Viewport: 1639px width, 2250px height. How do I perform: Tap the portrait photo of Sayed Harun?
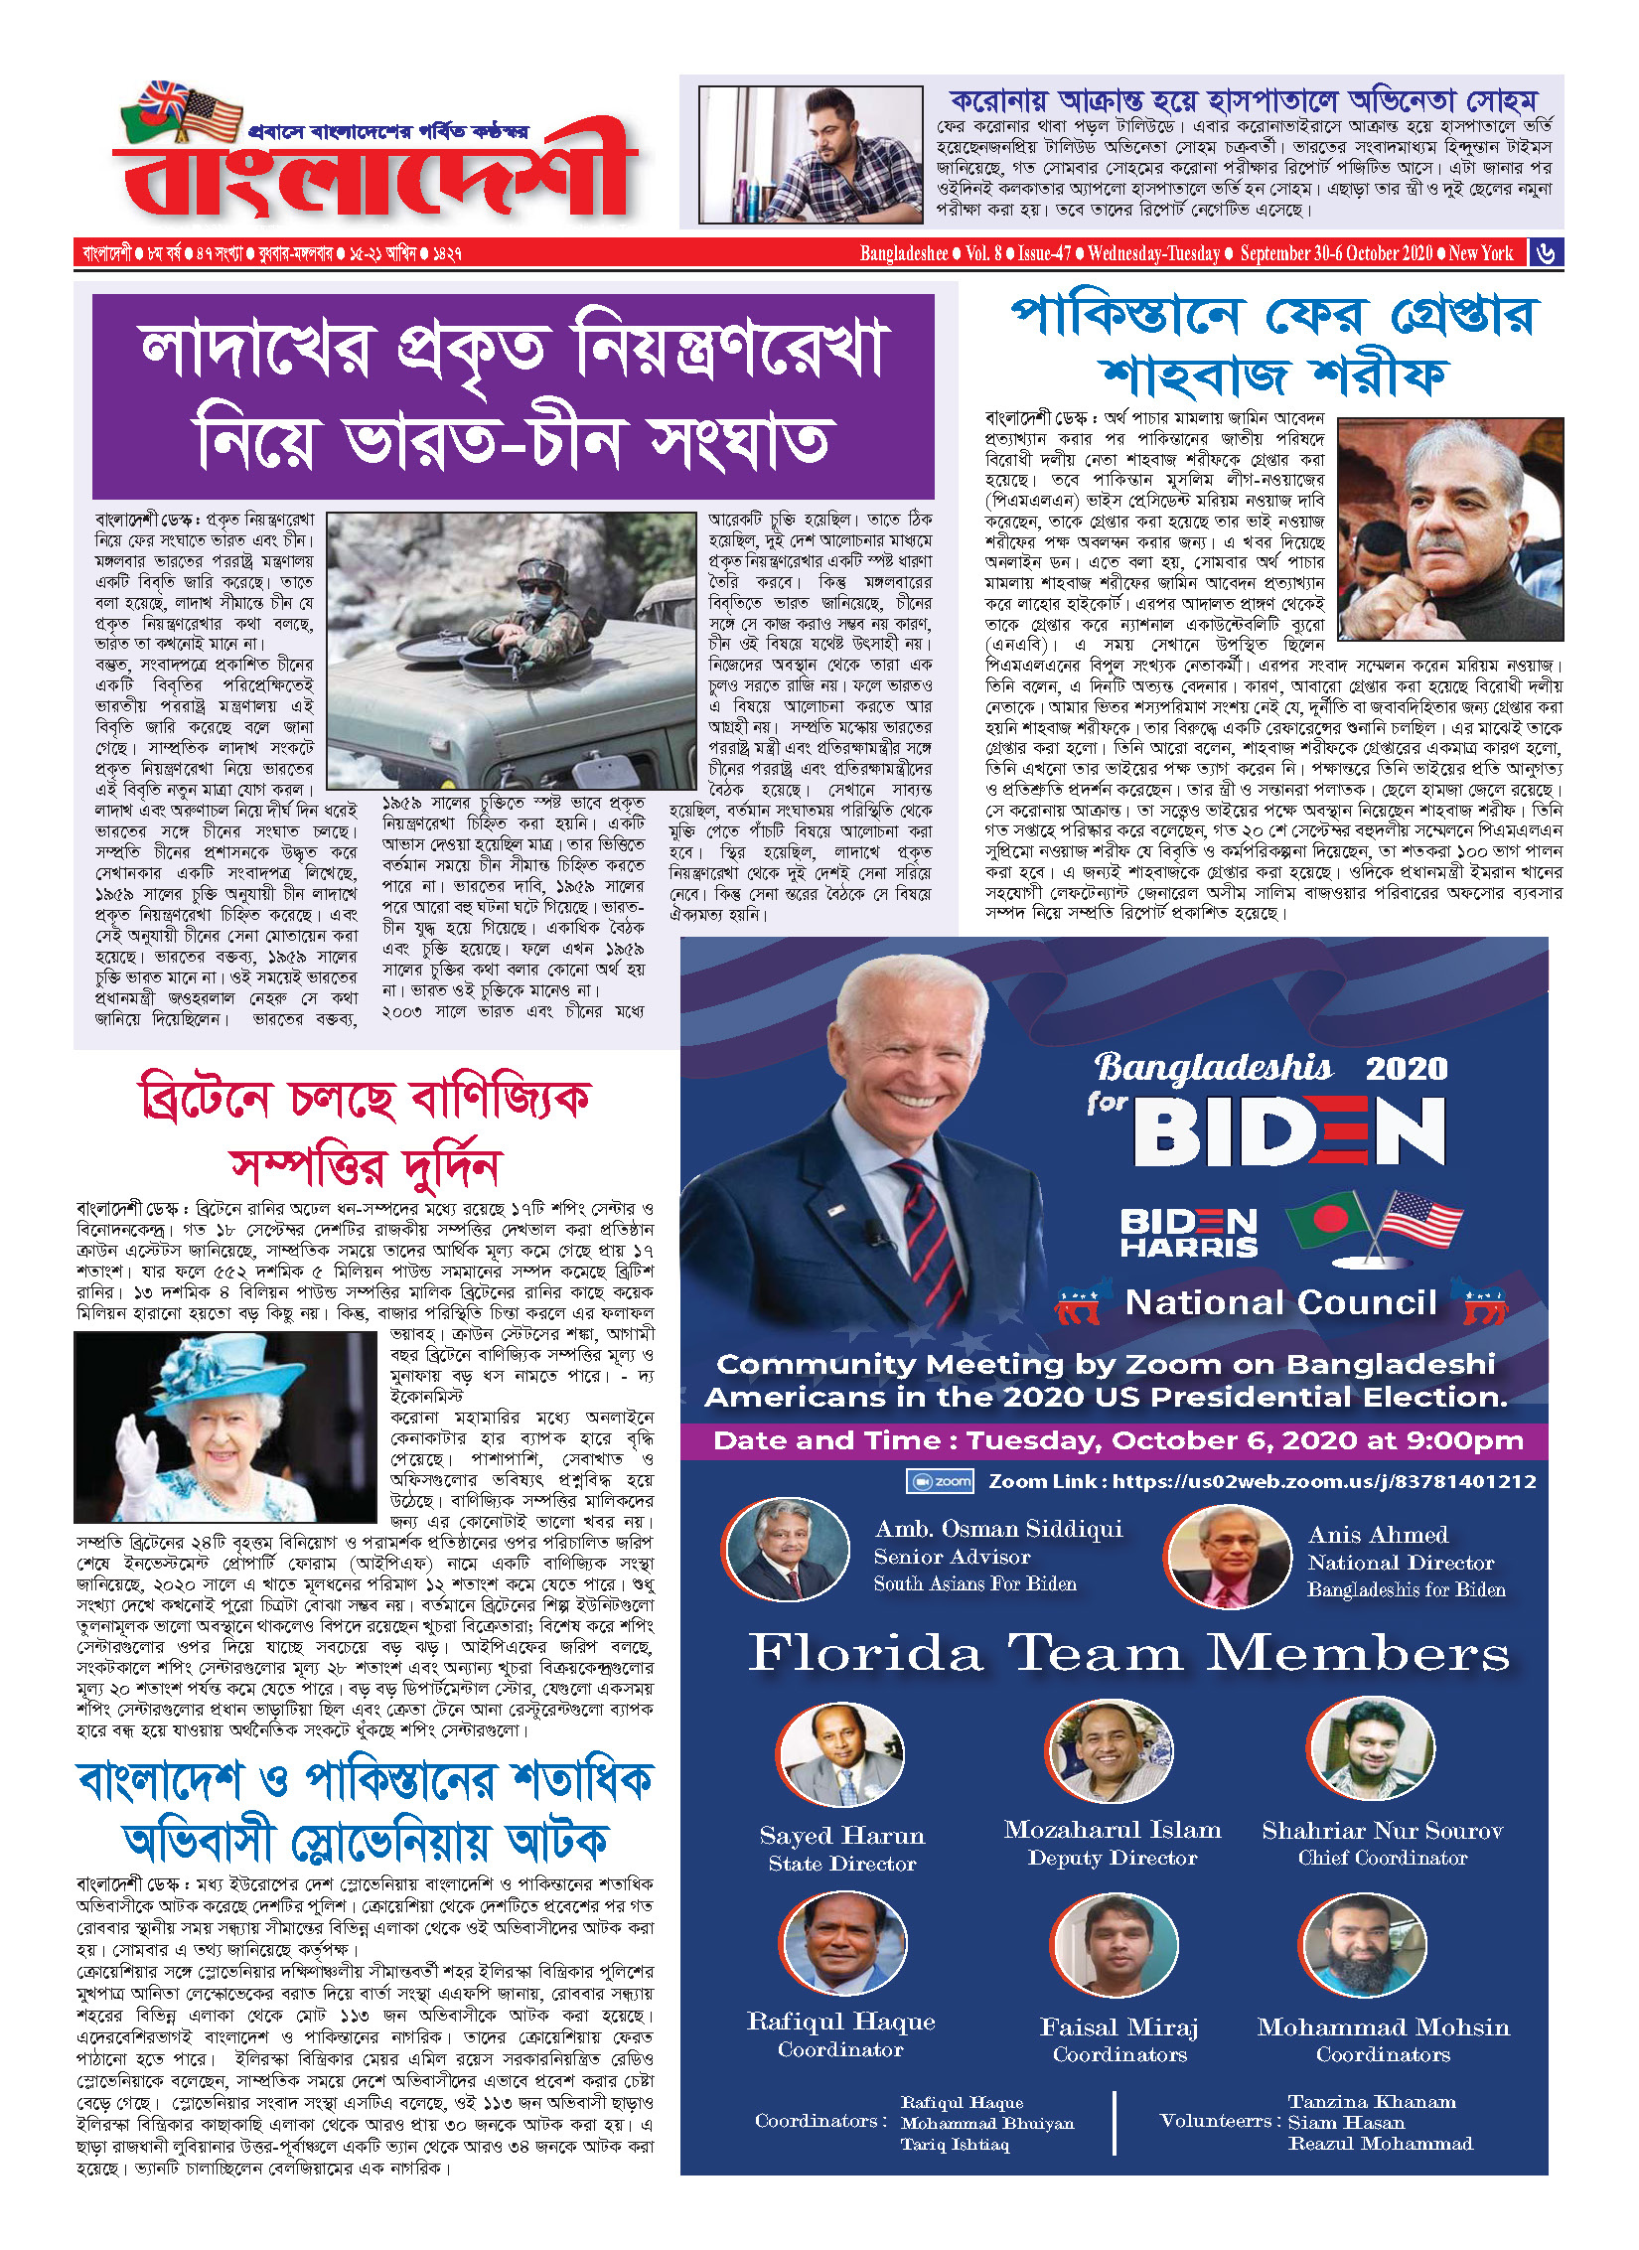pyautogui.click(x=841, y=1754)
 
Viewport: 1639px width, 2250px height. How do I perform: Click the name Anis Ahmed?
pyautogui.click(x=1378, y=1535)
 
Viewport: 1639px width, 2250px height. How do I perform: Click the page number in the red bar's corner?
pyautogui.click(x=1546, y=253)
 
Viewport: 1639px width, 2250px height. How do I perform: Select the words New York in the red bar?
pyautogui.click(x=1480, y=253)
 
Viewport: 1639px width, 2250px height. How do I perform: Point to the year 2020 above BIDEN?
pyautogui.click(x=1407, y=1069)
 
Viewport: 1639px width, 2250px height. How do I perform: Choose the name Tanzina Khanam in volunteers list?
pyautogui.click(x=1372, y=2102)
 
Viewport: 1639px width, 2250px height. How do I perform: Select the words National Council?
pyautogui.click(x=1280, y=1302)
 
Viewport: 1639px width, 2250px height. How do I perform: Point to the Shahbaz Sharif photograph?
pyautogui.click(x=1450, y=528)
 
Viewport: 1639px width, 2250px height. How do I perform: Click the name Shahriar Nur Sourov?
pyautogui.click(x=1382, y=1831)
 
